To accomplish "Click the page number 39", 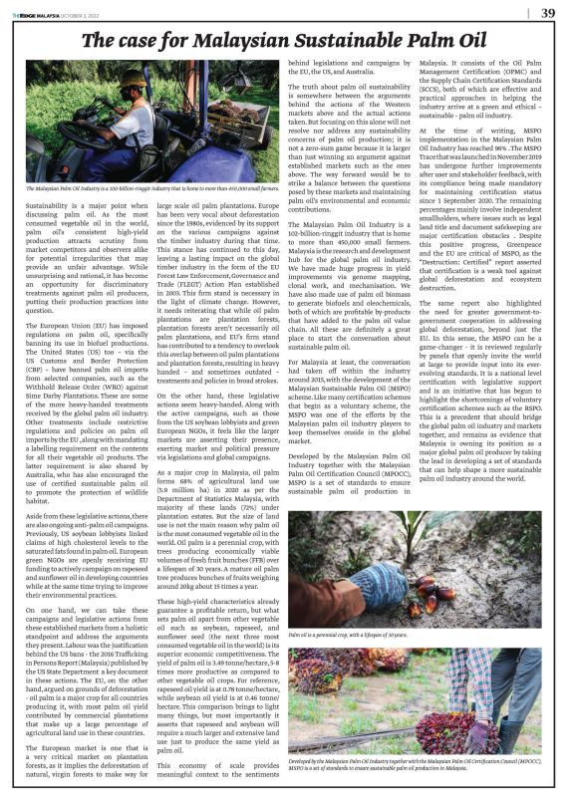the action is click(x=548, y=12).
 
